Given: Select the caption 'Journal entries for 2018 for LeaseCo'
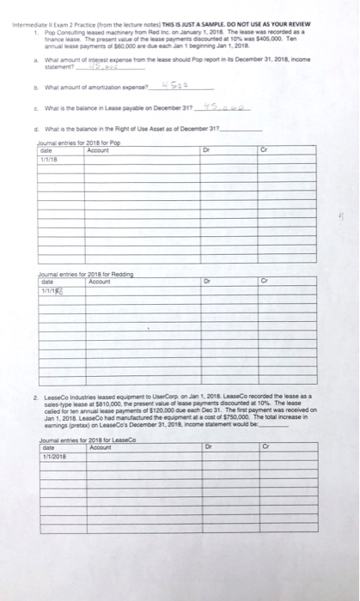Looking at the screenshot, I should click(x=85, y=439).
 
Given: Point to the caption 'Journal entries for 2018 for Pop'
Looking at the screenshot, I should click(x=76, y=141).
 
